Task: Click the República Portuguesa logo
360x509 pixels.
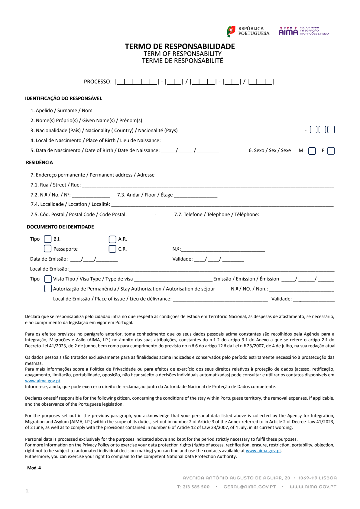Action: point(248,31)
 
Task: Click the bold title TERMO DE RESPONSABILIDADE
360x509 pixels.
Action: point(180,46)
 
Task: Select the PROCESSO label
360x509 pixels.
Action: point(98,82)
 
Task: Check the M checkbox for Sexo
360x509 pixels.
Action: point(312,151)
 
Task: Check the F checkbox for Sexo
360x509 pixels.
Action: point(331,151)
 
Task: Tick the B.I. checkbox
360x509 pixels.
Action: point(48,239)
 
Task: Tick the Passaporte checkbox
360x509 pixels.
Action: point(48,248)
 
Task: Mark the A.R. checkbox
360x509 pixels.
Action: point(112,239)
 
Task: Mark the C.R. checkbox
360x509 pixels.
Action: point(112,249)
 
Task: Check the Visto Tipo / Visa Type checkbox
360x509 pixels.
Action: point(48,279)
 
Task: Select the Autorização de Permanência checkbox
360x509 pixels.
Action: point(48,289)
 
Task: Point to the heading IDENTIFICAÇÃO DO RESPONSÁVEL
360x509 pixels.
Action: point(63,99)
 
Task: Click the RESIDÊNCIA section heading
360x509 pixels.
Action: point(39,163)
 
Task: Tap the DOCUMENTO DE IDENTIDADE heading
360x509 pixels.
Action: point(60,227)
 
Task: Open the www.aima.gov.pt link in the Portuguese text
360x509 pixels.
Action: point(43,381)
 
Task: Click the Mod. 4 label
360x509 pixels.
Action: point(34,468)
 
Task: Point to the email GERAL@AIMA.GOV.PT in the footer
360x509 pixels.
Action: point(250,487)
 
